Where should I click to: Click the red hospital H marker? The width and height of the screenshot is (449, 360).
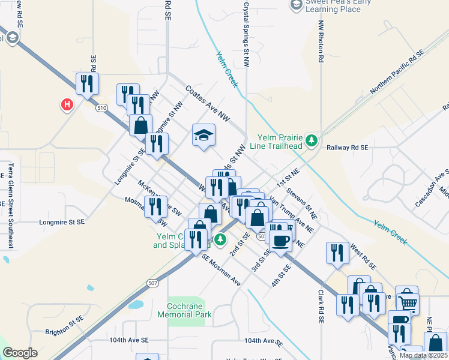pos(67,105)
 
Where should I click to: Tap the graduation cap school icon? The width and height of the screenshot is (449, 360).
pos(203,134)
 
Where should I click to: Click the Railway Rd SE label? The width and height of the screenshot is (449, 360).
pos(347,147)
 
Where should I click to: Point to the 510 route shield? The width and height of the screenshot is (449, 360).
pos(101,107)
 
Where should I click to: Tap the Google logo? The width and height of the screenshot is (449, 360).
pos(20,353)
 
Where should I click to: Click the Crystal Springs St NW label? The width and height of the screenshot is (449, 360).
pos(246,30)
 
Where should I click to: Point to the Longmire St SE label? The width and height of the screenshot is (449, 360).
pos(62,222)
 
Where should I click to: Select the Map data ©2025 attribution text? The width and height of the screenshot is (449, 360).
pos(423,355)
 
